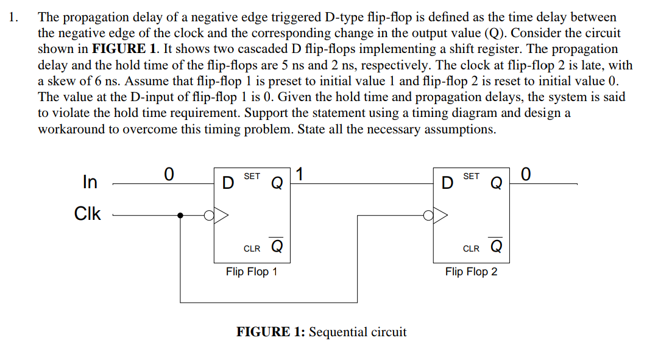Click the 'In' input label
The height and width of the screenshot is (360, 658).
pos(90,182)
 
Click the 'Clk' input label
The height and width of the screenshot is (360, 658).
pos(87,214)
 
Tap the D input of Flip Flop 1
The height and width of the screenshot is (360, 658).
pos(227,182)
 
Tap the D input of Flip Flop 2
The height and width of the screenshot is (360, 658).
pos(447,182)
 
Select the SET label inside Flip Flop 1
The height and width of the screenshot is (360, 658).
pos(252,177)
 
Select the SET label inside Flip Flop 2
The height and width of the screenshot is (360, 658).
pos(471,177)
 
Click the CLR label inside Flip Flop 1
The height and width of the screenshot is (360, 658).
pos(252,249)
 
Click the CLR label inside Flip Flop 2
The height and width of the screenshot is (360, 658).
pos(471,249)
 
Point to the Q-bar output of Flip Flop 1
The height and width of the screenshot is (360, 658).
pos(276,247)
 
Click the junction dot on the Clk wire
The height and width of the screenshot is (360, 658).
pos(180,214)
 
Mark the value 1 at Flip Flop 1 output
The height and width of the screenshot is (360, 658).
pos(300,174)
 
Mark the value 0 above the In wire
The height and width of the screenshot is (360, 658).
pos(169,174)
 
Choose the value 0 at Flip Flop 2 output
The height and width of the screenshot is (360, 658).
pos(526,174)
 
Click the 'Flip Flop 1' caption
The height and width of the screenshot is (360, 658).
pos(251,272)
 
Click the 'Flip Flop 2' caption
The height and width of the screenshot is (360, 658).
pos(471,272)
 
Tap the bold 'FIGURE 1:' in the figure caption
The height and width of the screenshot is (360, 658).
pos(271,332)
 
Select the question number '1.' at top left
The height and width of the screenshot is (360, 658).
pos(15,17)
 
